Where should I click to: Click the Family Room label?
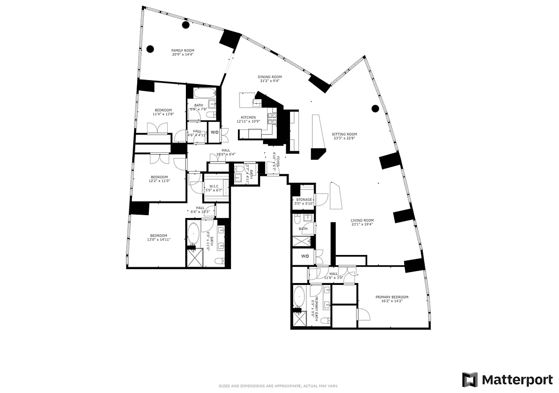click(x=182, y=51)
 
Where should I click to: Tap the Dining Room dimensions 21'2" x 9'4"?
click(x=269, y=81)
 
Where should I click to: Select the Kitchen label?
click(x=248, y=117)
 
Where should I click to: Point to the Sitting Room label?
click(x=344, y=134)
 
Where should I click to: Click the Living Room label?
click(x=362, y=221)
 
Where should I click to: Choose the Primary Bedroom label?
click(x=392, y=297)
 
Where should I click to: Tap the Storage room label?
click(x=304, y=199)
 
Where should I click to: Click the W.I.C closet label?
click(x=214, y=186)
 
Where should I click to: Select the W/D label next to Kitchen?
click(x=214, y=132)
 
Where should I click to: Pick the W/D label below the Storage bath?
click(x=305, y=256)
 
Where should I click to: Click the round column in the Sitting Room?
click(x=375, y=109)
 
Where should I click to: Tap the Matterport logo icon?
click(x=470, y=379)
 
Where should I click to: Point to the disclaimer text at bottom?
click(x=278, y=386)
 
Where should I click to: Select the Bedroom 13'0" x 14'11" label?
click(x=158, y=235)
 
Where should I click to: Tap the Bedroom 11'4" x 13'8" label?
click(x=163, y=110)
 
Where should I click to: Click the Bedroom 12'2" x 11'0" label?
click(x=159, y=177)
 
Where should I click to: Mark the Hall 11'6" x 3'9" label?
click(x=334, y=274)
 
